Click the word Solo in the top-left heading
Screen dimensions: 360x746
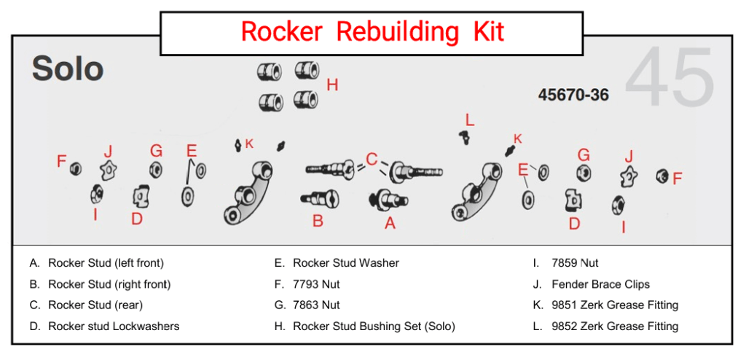pyautogui.click(x=67, y=70)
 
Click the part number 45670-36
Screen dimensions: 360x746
pyautogui.click(x=573, y=95)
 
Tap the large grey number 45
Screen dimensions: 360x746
pyautogui.click(x=670, y=79)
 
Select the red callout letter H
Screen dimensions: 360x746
pyautogui.click(x=332, y=85)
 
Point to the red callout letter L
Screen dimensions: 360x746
pyautogui.click(x=470, y=120)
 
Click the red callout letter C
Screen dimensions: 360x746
pyautogui.click(x=372, y=159)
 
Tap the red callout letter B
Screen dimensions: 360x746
pyautogui.click(x=318, y=221)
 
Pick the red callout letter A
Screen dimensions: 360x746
pyautogui.click(x=390, y=224)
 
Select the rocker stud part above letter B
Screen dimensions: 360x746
pyautogui.click(x=318, y=197)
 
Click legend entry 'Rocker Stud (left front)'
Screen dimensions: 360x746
pyautogui.click(x=106, y=263)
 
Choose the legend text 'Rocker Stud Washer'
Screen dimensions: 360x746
pyautogui.click(x=346, y=263)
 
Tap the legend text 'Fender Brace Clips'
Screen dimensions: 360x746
pyautogui.click(x=600, y=284)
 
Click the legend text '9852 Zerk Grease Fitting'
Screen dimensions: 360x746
pyautogui.click(x=615, y=326)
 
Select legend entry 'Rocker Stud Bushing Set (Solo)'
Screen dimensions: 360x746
pyautogui.click(x=374, y=326)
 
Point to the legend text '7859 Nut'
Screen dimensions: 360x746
pyautogui.click(x=575, y=263)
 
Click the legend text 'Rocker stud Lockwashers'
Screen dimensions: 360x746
pyautogui.click(x=114, y=326)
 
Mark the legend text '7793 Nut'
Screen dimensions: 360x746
pyautogui.click(x=316, y=284)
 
